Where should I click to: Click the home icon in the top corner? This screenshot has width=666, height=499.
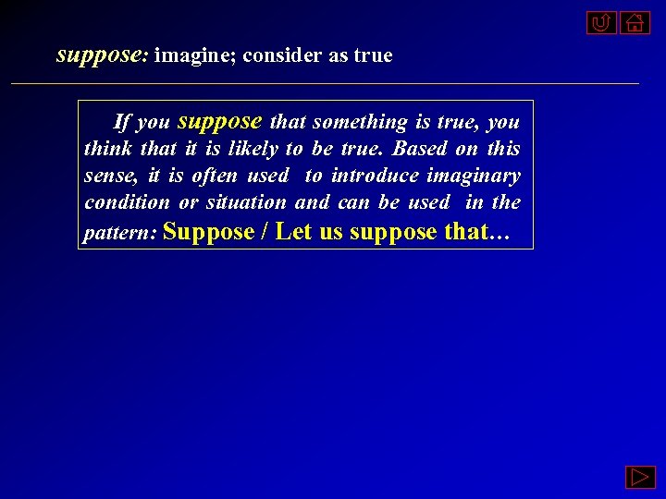(635, 22)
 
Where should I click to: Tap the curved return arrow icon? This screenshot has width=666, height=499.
(601, 22)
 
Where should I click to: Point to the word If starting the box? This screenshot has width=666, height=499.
(122, 122)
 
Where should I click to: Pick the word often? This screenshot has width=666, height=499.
(215, 176)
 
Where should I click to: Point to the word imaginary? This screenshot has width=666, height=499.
(474, 176)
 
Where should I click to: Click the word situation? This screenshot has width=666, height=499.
(246, 202)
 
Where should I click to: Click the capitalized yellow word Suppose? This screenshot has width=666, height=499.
(208, 230)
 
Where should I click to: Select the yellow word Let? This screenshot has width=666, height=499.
(294, 230)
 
